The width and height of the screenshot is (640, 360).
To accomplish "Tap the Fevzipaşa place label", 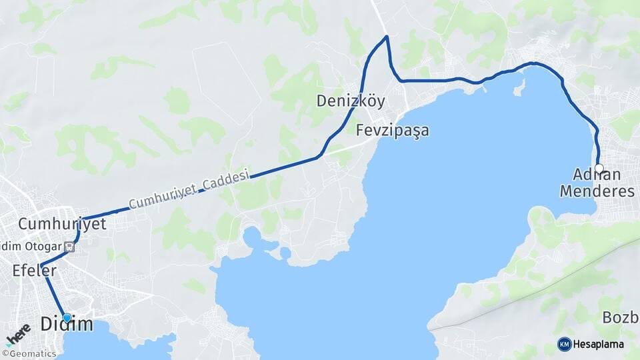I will [392, 130].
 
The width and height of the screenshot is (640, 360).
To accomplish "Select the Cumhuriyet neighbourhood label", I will [62, 224].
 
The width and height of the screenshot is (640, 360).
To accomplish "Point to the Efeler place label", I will [34, 271].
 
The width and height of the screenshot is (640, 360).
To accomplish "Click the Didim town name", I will [67, 325].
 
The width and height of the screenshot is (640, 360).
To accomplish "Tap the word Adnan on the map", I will [597, 175].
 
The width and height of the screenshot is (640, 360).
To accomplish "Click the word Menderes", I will [597, 191].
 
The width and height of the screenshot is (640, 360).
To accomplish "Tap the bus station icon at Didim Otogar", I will [71, 245].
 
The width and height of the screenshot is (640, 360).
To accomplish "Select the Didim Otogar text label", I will [31, 245].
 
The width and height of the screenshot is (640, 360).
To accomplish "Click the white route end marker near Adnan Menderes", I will [599, 168].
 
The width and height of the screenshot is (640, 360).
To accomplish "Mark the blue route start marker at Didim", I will [67, 318].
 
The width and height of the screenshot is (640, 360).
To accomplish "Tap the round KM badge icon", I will [564, 344].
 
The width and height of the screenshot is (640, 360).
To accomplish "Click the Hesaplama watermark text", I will [601, 344].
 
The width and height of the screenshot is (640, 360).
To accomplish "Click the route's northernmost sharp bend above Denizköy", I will [386, 36].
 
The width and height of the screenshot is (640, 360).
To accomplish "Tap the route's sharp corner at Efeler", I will [41, 266].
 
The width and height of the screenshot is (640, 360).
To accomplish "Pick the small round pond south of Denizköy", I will [285, 253].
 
